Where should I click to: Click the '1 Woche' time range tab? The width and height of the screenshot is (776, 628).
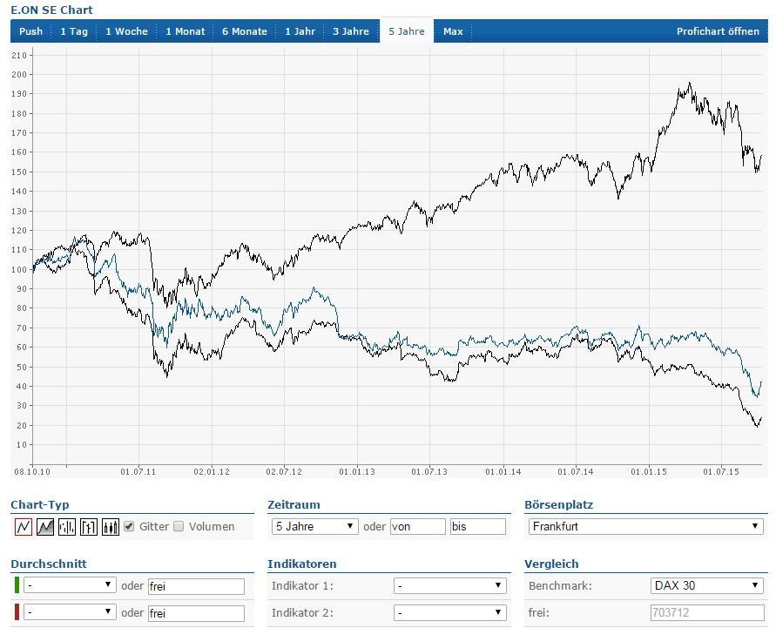(x=126, y=31)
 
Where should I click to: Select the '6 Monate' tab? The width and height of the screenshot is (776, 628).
(x=244, y=31)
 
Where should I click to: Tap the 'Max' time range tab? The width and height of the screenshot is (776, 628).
(x=453, y=31)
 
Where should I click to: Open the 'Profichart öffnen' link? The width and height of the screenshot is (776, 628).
(x=718, y=31)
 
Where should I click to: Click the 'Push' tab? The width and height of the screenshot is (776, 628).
(x=30, y=31)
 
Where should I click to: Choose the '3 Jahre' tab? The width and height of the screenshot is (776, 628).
(x=351, y=31)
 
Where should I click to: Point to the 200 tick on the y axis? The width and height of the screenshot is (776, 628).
(x=18, y=74)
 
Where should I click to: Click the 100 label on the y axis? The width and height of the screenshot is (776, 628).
(x=18, y=269)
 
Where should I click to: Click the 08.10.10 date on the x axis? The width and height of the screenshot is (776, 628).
(x=31, y=471)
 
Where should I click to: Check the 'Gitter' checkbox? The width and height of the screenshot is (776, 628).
(x=129, y=526)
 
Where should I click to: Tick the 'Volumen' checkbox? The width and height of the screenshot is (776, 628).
(x=179, y=526)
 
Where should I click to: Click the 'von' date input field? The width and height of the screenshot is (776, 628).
(x=418, y=526)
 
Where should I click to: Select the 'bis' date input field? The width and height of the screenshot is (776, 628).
(x=477, y=526)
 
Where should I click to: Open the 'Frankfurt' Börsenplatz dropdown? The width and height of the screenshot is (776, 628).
(x=645, y=526)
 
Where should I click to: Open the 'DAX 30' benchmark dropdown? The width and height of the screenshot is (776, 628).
(x=707, y=585)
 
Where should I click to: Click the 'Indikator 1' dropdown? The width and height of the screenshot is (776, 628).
(x=449, y=585)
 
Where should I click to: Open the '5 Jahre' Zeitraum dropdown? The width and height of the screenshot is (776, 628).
(x=314, y=526)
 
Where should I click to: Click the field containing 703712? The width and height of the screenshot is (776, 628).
(x=706, y=612)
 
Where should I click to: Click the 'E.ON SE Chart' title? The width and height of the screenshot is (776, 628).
(x=51, y=10)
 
